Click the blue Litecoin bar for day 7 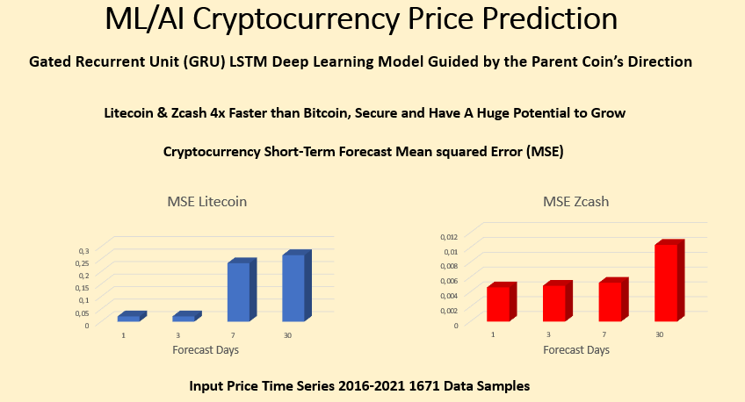click(x=239, y=291)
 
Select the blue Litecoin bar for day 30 click(x=293, y=287)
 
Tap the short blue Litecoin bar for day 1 click(x=129, y=317)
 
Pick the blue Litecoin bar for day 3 click(x=184, y=317)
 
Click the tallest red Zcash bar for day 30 click(x=667, y=282)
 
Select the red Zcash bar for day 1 click(x=498, y=303)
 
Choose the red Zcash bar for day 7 click(x=611, y=300)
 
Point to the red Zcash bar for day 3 click(x=554, y=302)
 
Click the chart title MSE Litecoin click(x=207, y=201)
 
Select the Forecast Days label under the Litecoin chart click(x=206, y=349)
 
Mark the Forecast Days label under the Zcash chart click(x=577, y=349)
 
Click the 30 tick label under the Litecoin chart click(x=287, y=335)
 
